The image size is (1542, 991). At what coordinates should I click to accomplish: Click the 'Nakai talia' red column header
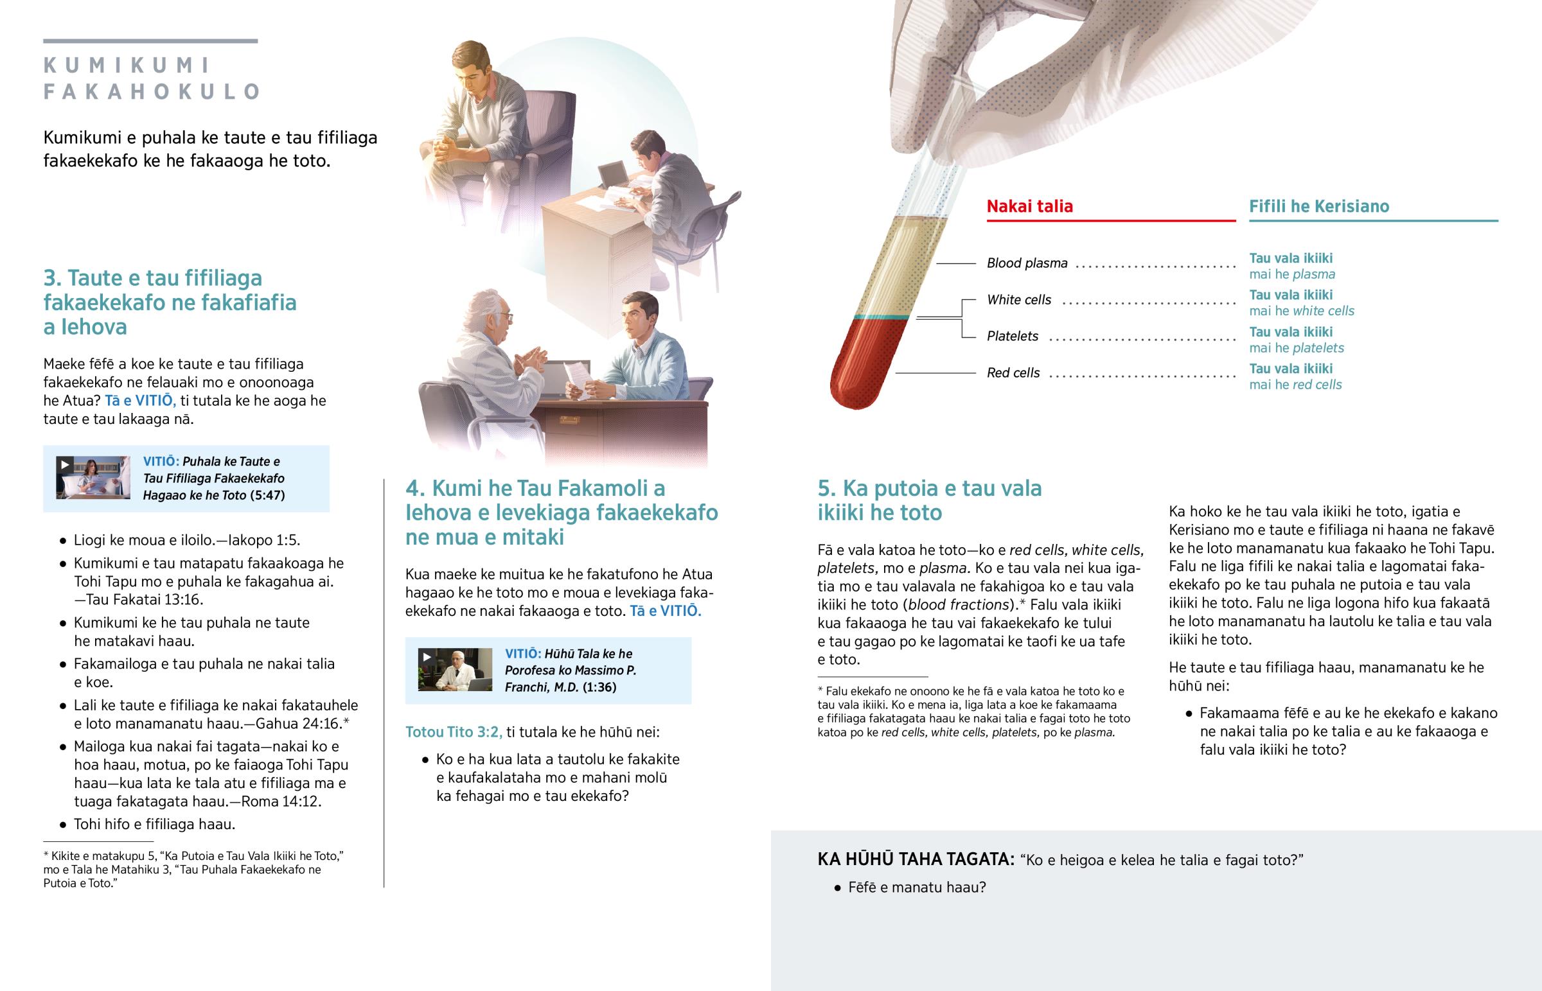pyautogui.click(x=1030, y=207)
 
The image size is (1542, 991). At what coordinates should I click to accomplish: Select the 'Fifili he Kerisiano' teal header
pyautogui.click(x=1318, y=207)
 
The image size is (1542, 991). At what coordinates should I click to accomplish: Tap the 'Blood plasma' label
pyautogui.click(x=1027, y=263)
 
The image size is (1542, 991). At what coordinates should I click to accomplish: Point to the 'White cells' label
pyautogui.click(x=1019, y=300)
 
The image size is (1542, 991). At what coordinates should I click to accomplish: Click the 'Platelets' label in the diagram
pyautogui.click(x=1013, y=337)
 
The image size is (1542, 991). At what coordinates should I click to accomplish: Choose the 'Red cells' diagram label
pyautogui.click(x=1013, y=373)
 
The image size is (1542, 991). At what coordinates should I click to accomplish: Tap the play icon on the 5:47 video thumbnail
pyautogui.click(x=64, y=464)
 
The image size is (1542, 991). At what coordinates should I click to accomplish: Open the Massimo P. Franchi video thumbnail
pyautogui.click(x=455, y=669)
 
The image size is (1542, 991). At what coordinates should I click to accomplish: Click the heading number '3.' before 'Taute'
pyautogui.click(x=52, y=278)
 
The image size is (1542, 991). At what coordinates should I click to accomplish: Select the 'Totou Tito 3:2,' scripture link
pyautogui.click(x=454, y=732)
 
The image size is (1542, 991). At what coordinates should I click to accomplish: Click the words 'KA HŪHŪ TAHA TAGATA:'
pyautogui.click(x=916, y=860)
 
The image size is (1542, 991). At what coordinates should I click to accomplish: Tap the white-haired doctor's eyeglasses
pyautogui.click(x=505, y=316)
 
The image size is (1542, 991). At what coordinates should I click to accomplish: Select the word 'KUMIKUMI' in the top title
pyautogui.click(x=127, y=66)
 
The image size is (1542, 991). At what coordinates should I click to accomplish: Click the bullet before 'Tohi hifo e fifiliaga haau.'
pyautogui.click(x=62, y=825)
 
